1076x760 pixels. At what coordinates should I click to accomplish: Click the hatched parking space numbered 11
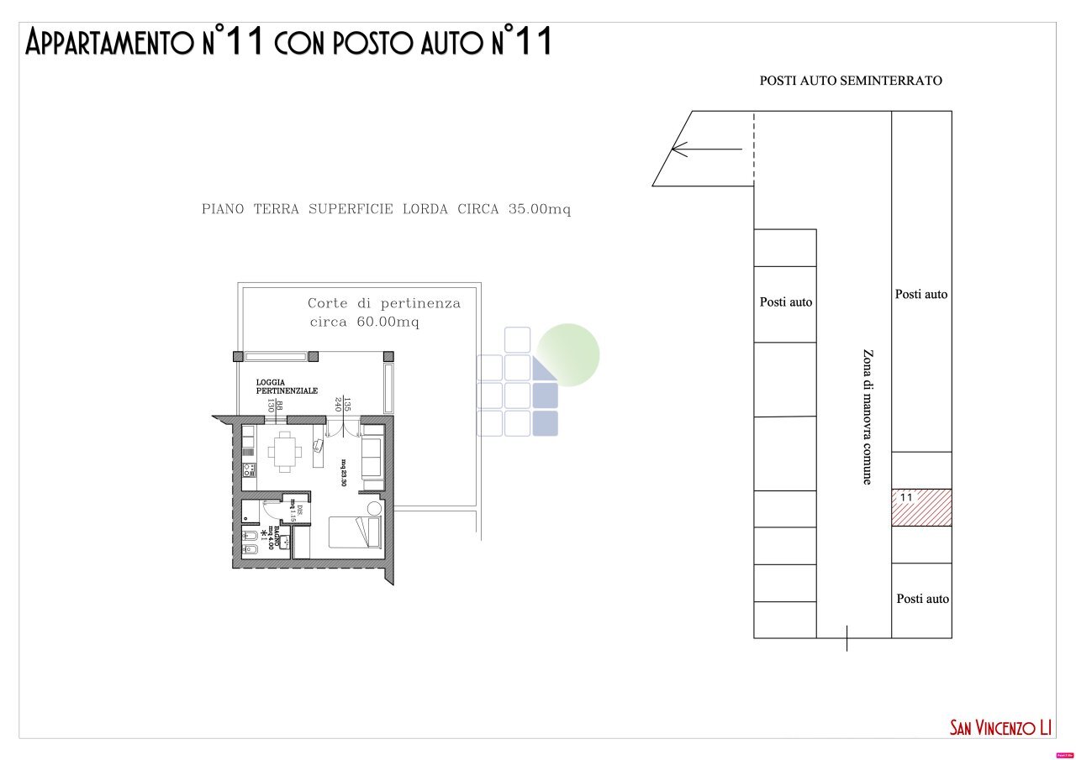click(x=921, y=508)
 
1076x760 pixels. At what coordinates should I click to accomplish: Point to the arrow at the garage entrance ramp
click(x=706, y=149)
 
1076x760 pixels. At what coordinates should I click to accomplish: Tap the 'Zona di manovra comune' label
click(x=867, y=417)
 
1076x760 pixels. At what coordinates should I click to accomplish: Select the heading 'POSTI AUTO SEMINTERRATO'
click(x=851, y=81)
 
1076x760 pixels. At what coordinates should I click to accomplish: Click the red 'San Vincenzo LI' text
click(x=1001, y=727)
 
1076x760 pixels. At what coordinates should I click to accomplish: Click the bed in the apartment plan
click(x=354, y=533)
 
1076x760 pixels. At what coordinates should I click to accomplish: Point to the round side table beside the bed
click(x=375, y=508)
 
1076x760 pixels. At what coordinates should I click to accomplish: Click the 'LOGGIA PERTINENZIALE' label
click(x=287, y=387)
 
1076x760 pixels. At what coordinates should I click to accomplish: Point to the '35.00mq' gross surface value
click(x=539, y=209)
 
